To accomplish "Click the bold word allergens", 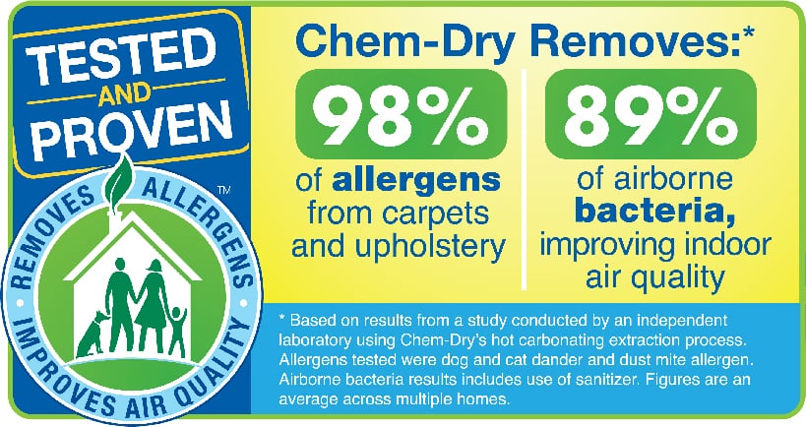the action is click(x=416, y=180).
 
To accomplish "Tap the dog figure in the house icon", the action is click(x=93, y=334).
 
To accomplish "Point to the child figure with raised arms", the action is click(x=177, y=330).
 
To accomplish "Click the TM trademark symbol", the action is click(x=224, y=191).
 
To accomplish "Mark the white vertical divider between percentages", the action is click(x=524, y=179).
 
